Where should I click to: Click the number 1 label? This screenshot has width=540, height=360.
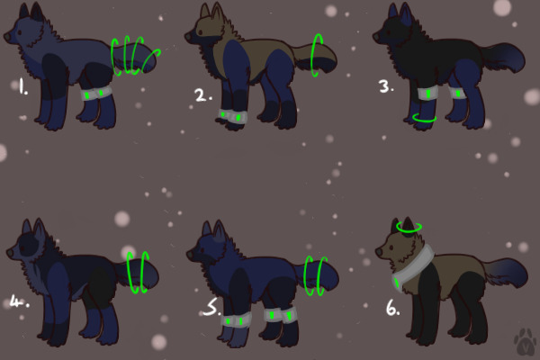(22, 88)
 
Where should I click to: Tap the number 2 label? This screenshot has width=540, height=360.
(202, 95)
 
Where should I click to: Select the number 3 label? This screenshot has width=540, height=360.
(386, 87)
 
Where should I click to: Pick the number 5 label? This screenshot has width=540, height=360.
(210, 308)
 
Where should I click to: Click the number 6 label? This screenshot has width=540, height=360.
(393, 309)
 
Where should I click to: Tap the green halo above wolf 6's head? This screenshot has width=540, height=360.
(409, 228)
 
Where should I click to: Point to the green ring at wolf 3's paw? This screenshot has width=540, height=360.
(424, 117)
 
